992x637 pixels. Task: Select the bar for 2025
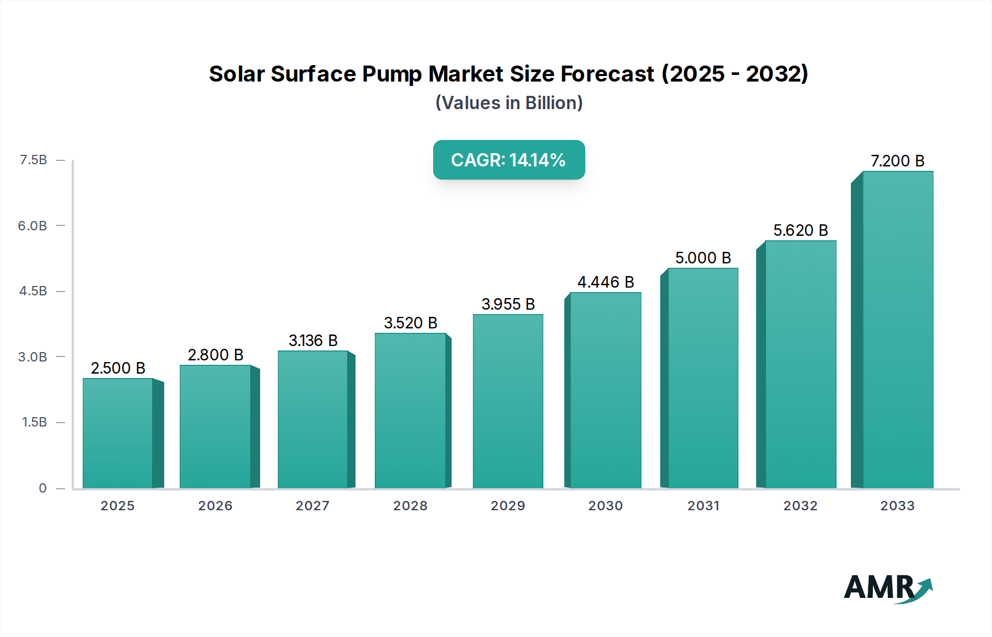(117, 433)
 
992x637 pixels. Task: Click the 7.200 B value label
(897, 161)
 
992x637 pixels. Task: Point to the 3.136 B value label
(313, 341)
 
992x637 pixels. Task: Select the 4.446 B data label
(606, 282)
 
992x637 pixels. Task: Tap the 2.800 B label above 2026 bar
(215, 355)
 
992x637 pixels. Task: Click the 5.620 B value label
(800, 230)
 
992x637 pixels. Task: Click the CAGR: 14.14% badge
(509, 160)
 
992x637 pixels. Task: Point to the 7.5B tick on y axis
(33, 160)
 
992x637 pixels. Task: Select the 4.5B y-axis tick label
(33, 291)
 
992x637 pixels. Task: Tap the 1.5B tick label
(34, 422)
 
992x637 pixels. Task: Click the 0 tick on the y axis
(42, 488)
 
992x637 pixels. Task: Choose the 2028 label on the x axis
(410, 506)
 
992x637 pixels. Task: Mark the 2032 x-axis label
(800, 506)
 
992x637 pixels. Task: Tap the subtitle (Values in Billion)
(509, 103)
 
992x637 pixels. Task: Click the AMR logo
(887, 588)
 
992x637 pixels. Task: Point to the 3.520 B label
(411, 323)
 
